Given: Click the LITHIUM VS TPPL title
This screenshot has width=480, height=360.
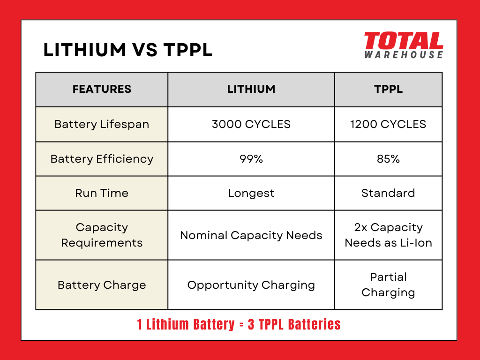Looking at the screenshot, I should point(127,50).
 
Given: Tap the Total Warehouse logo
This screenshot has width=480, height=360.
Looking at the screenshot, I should point(403,45).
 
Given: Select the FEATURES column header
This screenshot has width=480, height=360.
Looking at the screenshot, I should point(102,89).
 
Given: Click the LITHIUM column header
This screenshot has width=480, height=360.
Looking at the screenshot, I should point(251,89).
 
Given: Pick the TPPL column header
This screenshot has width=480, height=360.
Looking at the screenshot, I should point(388,89).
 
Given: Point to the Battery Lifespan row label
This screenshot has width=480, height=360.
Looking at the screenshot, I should point(102,124).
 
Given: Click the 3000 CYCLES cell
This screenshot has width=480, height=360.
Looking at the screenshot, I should point(251,124).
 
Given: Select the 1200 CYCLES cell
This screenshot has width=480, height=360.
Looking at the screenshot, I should point(388,124).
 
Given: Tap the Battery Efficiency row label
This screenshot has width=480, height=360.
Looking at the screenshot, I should point(102,159).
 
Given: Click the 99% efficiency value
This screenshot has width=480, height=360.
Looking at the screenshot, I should point(251,159).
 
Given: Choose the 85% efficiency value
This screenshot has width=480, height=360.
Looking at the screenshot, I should point(388,159).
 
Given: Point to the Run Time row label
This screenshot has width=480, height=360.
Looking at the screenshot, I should point(102,193).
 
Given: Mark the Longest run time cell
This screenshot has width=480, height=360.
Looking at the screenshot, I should point(251,193).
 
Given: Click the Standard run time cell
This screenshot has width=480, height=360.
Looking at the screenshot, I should point(388,193).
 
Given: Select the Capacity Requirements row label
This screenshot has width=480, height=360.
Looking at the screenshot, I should point(102,235).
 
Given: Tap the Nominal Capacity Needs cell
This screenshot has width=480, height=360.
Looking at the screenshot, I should point(251,235).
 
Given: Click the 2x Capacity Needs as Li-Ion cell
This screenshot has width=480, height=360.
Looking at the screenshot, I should point(388,235).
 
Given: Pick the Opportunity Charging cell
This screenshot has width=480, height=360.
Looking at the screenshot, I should point(251,285).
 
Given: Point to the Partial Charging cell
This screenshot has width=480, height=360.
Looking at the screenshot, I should point(388,285).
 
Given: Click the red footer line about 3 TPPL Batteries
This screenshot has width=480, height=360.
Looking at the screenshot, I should point(239,324).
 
